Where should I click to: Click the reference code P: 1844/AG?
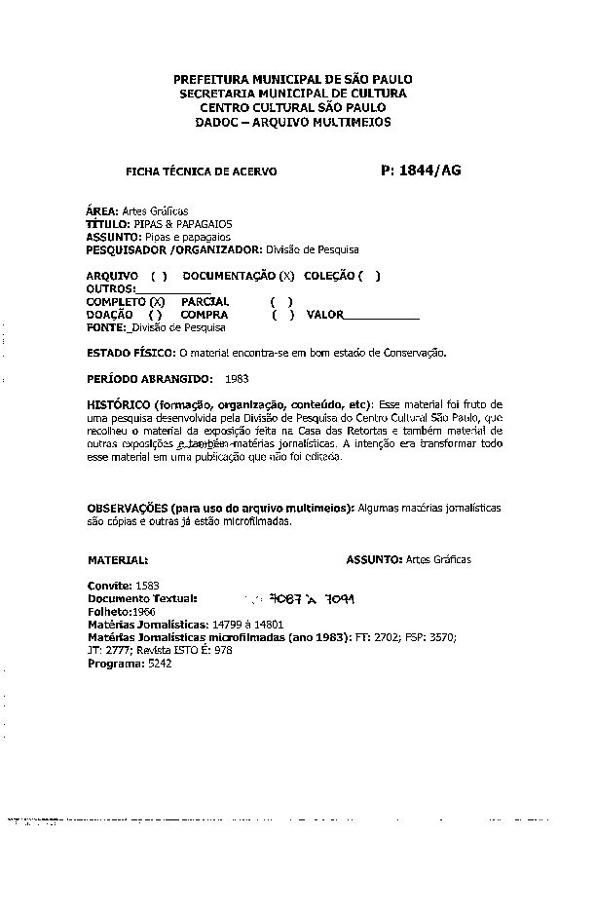pyautogui.click(x=422, y=170)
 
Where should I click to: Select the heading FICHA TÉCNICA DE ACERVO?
pyautogui.click(x=202, y=171)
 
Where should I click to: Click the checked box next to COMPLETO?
pyautogui.click(x=156, y=303)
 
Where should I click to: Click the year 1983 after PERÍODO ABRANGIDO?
pyautogui.click(x=237, y=376)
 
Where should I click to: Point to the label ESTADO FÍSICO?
pyautogui.click(x=127, y=352)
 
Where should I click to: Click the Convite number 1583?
pyautogui.click(x=148, y=585)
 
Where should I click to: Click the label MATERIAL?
pyautogui.click(x=118, y=560)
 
